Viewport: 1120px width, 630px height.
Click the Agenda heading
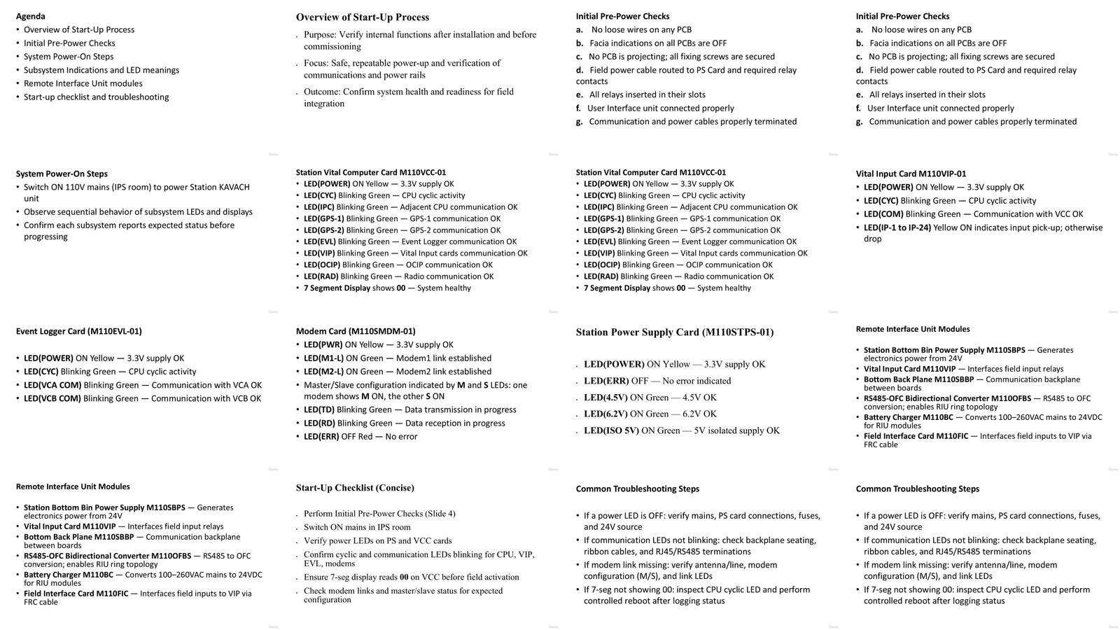point(30,16)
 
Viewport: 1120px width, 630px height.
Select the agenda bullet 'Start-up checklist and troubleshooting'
point(96,97)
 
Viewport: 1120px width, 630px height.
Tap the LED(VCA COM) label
point(52,385)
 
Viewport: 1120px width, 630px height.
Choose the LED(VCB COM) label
point(52,398)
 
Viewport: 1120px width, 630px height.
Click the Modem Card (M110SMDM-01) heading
point(356,331)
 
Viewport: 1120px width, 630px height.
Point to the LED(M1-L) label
point(323,358)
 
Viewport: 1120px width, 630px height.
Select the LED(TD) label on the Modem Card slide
point(318,410)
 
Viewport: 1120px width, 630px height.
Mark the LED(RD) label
point(319,423)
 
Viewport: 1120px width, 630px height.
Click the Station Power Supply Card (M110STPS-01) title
point(675,332)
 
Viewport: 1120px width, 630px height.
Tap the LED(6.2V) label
point(605,414)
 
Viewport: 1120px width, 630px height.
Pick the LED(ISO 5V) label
point(611,431)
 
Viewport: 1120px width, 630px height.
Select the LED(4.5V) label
point(605,398)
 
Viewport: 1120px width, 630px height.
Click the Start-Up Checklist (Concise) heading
point(355,488)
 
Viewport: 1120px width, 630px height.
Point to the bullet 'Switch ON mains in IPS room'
point(357,527)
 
